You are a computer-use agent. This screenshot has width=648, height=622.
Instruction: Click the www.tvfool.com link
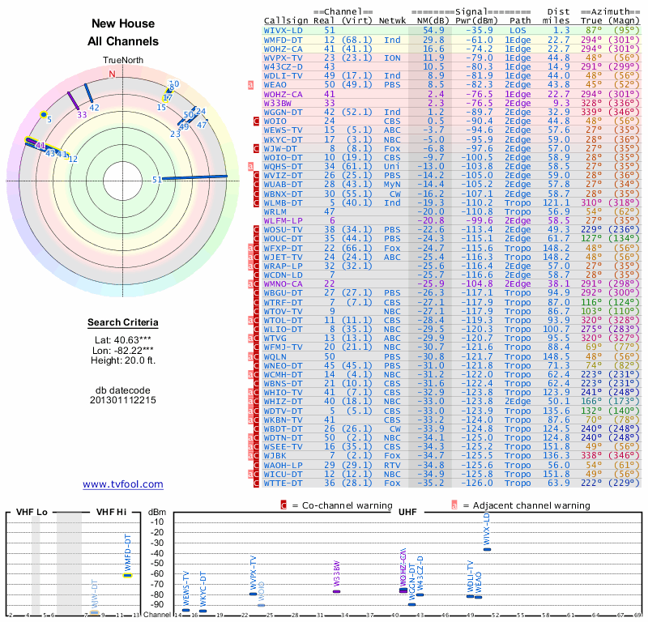click(x=123, y=484)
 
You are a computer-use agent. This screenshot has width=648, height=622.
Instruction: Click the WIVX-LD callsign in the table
click(x=284, y=29)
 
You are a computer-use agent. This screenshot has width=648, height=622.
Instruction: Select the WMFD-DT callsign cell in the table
click(x=284, y=39)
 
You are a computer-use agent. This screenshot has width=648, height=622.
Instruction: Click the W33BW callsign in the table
click(x=278, y=103)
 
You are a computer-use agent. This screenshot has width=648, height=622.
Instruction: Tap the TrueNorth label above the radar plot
click(x=123, y=61)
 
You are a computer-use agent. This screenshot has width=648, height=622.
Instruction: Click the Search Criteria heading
click(x=123, y=323)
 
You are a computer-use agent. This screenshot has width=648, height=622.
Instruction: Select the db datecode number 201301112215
click(x=123, y=400)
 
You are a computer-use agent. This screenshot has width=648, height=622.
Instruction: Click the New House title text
click(x=123, y=24)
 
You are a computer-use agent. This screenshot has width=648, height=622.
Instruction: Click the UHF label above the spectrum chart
click(x=407, y=512)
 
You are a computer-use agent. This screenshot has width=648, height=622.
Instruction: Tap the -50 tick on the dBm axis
click(x=157, y=564)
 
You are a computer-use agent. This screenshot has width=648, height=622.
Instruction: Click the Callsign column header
click(x=286, y=19)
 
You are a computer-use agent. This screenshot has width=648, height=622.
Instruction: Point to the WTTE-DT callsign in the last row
click(x=284, y=483)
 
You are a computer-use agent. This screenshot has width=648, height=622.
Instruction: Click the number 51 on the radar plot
click(x=156, y=181)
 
